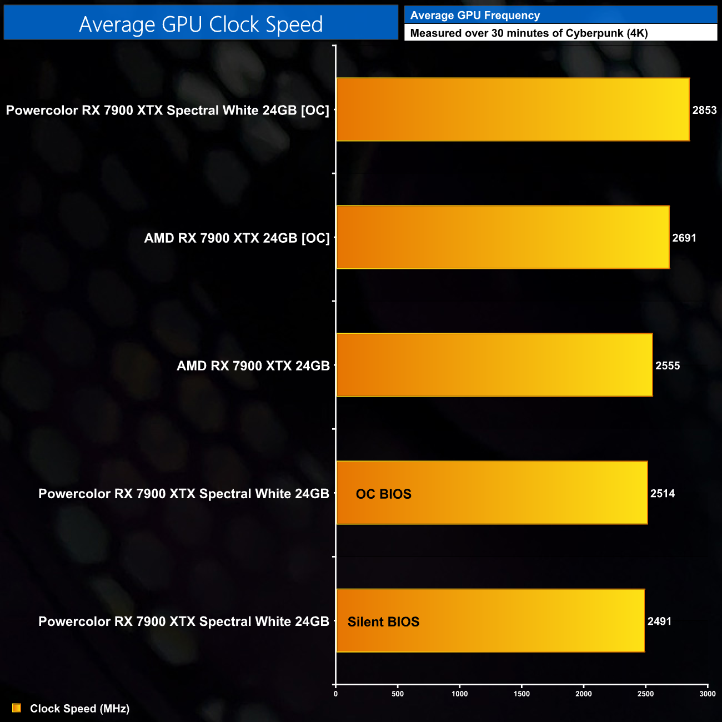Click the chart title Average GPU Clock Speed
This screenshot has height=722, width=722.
point(200,24)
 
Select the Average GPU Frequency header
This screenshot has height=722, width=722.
point(475,16)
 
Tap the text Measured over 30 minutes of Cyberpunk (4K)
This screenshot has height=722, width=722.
point(529,33)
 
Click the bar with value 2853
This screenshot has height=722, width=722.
point(512,109)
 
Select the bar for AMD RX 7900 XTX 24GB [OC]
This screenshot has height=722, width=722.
point(502,237)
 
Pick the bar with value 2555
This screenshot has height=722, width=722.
point(494,365)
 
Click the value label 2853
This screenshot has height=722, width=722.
point(704,110)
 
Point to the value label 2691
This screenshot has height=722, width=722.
point(684,238)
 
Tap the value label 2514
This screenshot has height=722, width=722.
point(663,493)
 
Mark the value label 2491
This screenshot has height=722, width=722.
point(659,621)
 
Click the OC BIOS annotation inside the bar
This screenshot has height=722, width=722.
point(383,494)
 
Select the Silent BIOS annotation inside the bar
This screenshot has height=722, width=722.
point(383,621)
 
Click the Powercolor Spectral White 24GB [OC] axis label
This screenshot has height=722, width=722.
point(167,110)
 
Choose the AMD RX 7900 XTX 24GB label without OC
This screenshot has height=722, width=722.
point(253,365)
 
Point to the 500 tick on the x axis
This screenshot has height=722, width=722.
point(398,694)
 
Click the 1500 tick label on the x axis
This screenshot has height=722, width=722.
point(522,694)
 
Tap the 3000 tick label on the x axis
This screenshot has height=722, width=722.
point(707,694)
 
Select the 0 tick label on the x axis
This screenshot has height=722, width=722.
point(335,694)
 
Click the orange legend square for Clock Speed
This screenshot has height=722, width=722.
point(17,708)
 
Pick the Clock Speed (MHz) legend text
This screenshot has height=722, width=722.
point(79,709)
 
